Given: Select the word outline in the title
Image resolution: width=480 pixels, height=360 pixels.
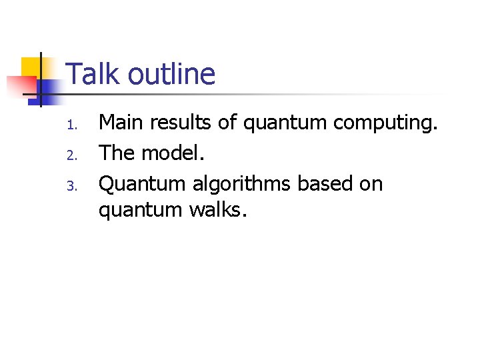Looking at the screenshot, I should pyautogui.click(x=171, y=74).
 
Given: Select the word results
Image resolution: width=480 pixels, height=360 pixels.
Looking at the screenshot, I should pyautogui.click(x=182, y=123).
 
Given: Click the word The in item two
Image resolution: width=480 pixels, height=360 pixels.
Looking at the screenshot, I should pyautogui.click(x=117, y=153).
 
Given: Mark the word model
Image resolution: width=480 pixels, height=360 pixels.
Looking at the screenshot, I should pyautogui.click(x=172, y=153).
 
